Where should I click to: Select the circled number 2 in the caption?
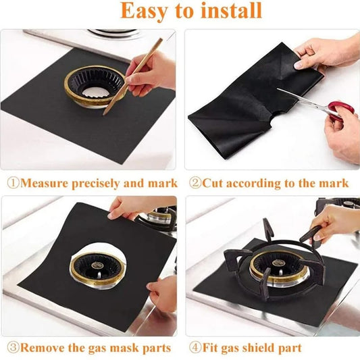(x=195, y=183)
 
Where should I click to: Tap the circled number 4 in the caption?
(x=195, y=349)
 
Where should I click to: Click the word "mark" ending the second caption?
(x=334, y=183)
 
